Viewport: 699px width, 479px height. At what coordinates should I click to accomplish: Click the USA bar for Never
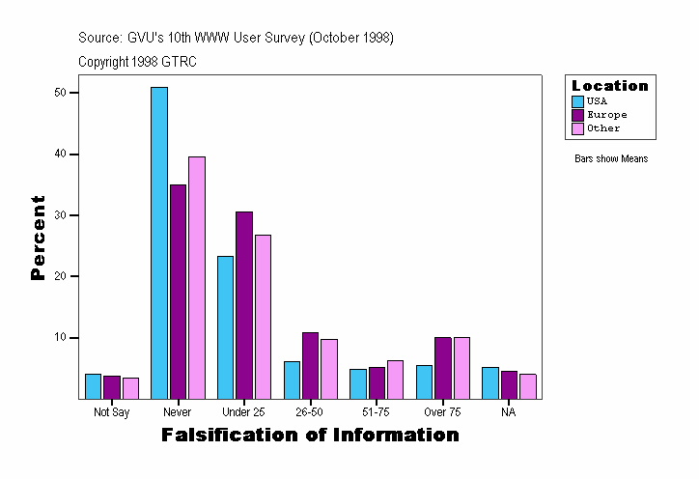(x=159, y=242)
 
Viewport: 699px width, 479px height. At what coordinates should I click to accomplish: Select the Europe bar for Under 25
(x=244, y=304)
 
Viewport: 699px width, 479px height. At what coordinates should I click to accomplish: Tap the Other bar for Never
(x=197, y=277)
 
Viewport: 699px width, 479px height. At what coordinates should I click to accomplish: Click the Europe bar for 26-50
(x=310, y=365)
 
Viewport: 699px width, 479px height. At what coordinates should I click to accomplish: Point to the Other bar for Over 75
(x=461, y=368)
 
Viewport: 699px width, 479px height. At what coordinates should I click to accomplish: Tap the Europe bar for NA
(x=509, y=384)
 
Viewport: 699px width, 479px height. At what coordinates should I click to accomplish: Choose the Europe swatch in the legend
(x=577, y=115)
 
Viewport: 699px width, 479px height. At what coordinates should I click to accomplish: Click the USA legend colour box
(x=577, y=101)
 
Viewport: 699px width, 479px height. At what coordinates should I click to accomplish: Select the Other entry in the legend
(x=602, y=128)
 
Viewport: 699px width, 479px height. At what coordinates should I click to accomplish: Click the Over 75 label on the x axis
(x=442, y=412)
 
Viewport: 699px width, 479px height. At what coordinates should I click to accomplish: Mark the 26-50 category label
(x=310, y=412)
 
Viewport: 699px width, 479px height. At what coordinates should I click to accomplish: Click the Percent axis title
(x=38, y=238)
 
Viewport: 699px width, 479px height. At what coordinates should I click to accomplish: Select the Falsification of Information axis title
(x=310, y=436)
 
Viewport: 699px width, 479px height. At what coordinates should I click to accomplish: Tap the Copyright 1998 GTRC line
(x=138, y=61)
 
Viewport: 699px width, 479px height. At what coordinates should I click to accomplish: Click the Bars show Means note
(x=611, y=159)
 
